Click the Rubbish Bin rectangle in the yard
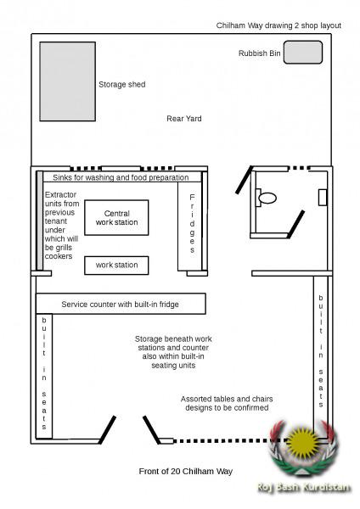coord(302,53)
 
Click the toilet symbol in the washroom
coord(267,198)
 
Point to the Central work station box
coord(116,217)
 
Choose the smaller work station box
coord(116,265)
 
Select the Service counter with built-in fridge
coord(120,303)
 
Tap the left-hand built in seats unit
coord(44,376)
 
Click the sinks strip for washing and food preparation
coord(121,177)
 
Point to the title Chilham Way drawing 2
coord(278,25)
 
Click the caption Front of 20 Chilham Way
coord(184,471)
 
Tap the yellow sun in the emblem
coord(303,443)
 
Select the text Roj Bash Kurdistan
coord(302,488)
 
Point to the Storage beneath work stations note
coord(173,352)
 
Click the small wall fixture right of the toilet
coord(323,197)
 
